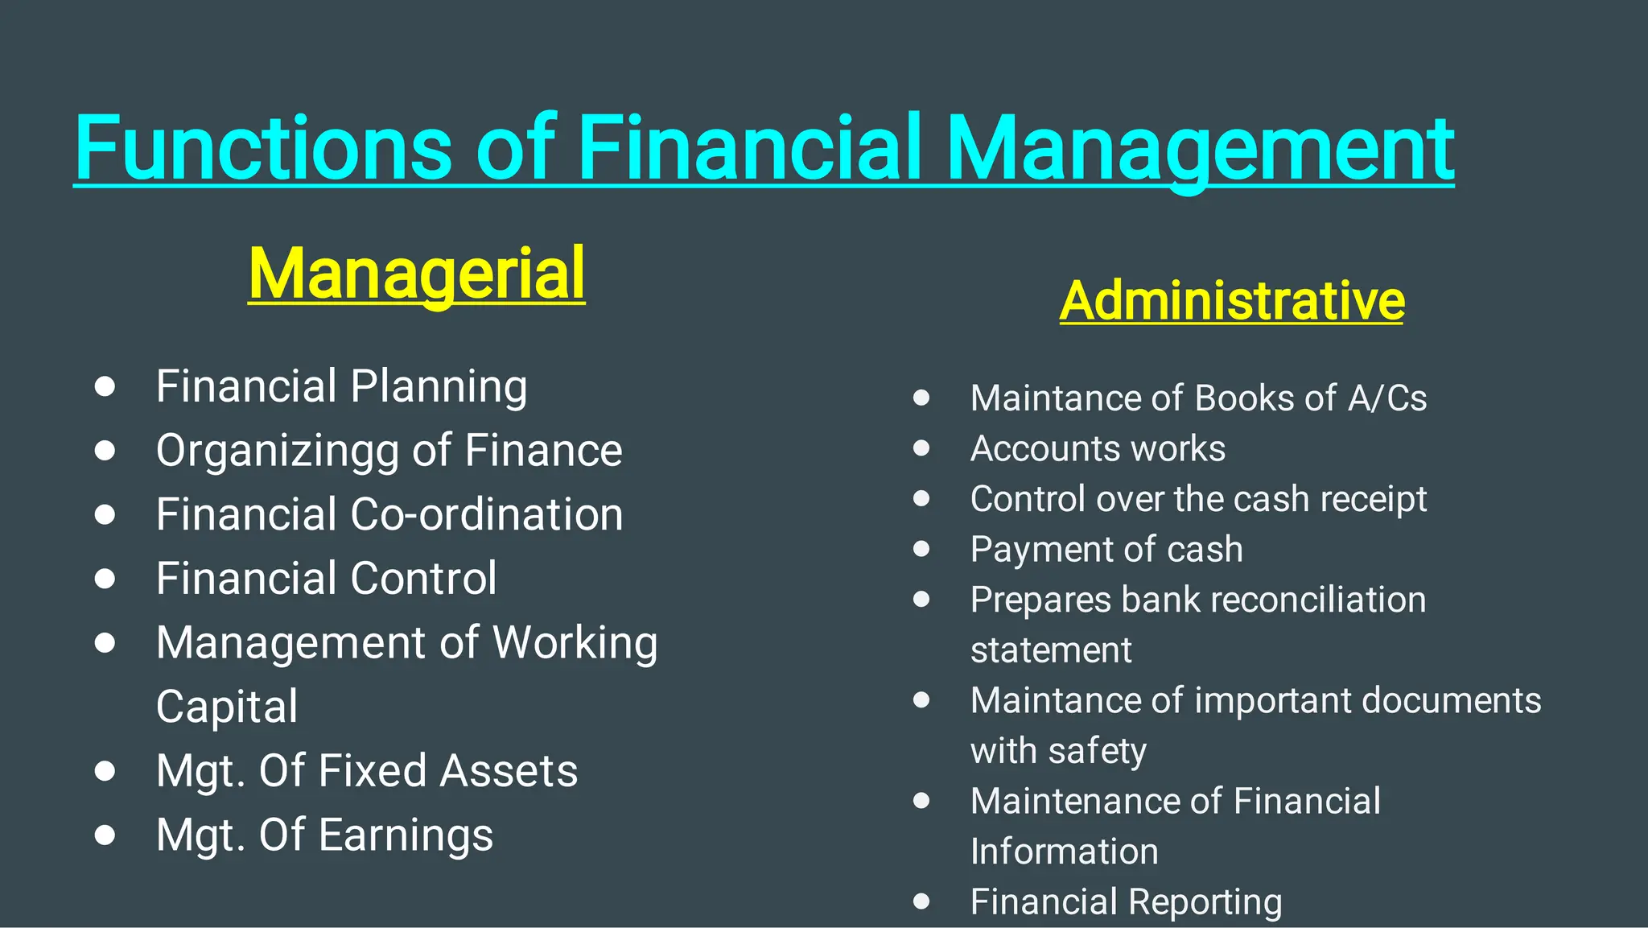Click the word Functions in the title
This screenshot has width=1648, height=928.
[262, 149]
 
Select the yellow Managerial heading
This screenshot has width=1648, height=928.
[417, 274]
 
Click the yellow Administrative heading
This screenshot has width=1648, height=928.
[1232, 301]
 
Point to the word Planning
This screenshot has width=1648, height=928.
[439, 387]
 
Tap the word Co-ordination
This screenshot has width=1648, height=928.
[487, 514]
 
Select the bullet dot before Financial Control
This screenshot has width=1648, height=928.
[105, 579]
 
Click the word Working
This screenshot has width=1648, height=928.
[575, 643]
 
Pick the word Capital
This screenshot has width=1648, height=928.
[227, 707]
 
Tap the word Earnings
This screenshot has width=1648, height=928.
[406, 835]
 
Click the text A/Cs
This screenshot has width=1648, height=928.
[1387, 398]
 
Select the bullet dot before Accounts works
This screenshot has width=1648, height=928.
[921, 448]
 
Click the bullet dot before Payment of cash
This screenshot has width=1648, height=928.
[921, 549]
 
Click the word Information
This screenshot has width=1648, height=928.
[1065, 852]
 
